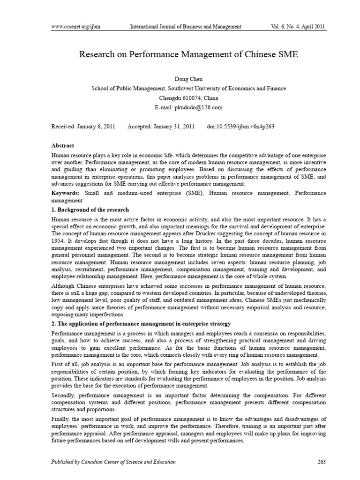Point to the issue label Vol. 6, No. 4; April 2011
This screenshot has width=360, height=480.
click(291, 26)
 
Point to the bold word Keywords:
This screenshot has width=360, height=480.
click(65, 192)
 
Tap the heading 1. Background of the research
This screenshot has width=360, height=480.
click(90, 209)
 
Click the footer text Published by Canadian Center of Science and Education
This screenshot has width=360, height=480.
click(113, 462)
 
